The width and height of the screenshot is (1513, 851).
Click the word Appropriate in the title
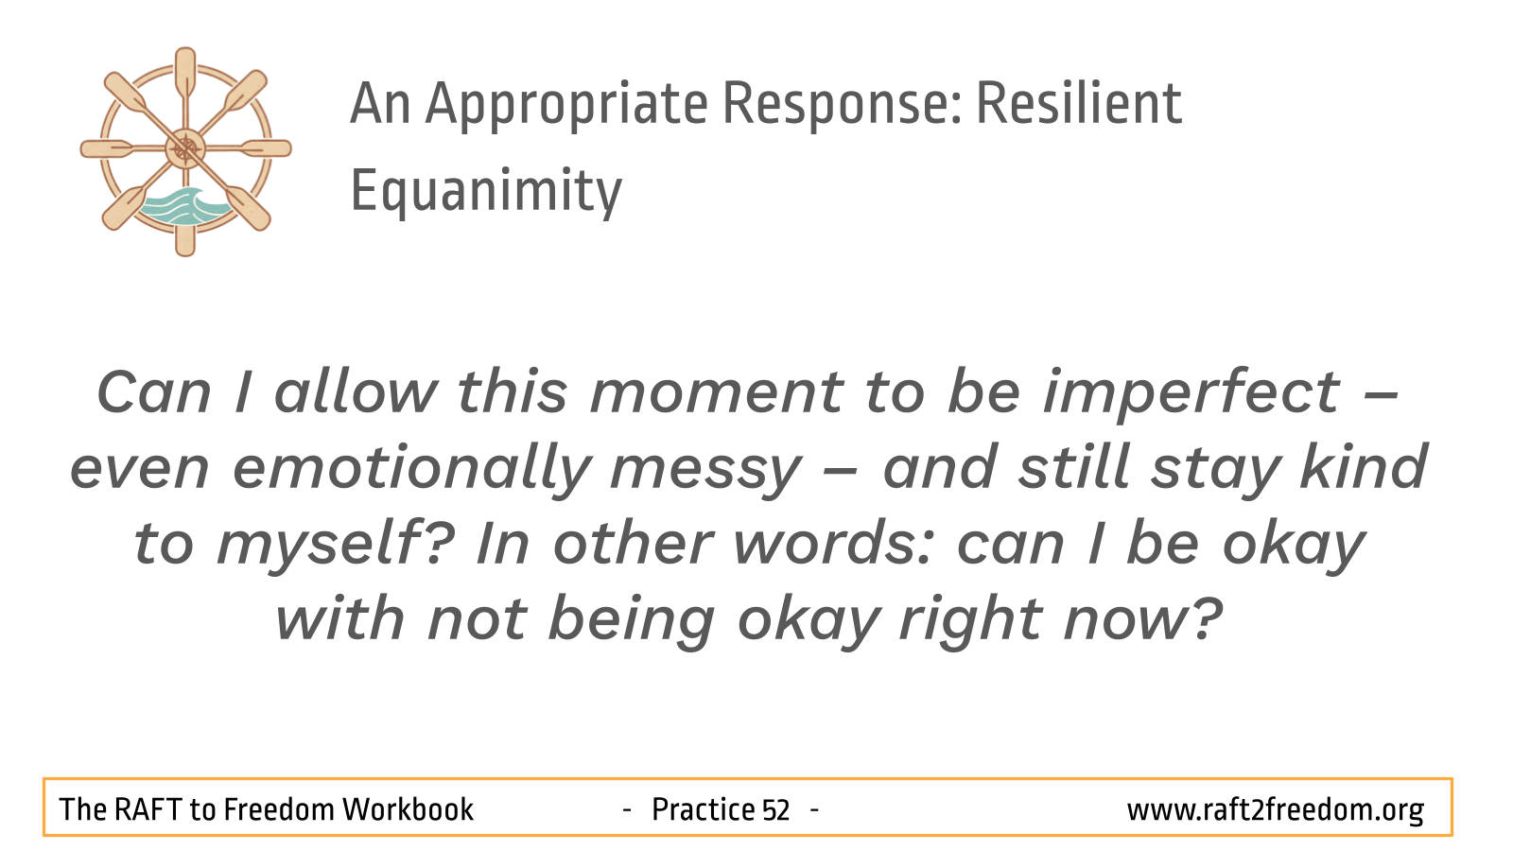566,105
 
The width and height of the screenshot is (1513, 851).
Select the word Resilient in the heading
1079,103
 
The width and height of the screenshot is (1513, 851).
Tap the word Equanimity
486,192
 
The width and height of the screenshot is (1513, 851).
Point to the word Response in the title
842,105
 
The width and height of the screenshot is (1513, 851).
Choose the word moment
716,394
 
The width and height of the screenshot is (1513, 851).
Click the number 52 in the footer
775,809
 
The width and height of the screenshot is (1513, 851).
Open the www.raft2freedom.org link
1276,810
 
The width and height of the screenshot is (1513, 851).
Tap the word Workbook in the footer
408,809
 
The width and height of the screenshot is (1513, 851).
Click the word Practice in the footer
704,809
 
